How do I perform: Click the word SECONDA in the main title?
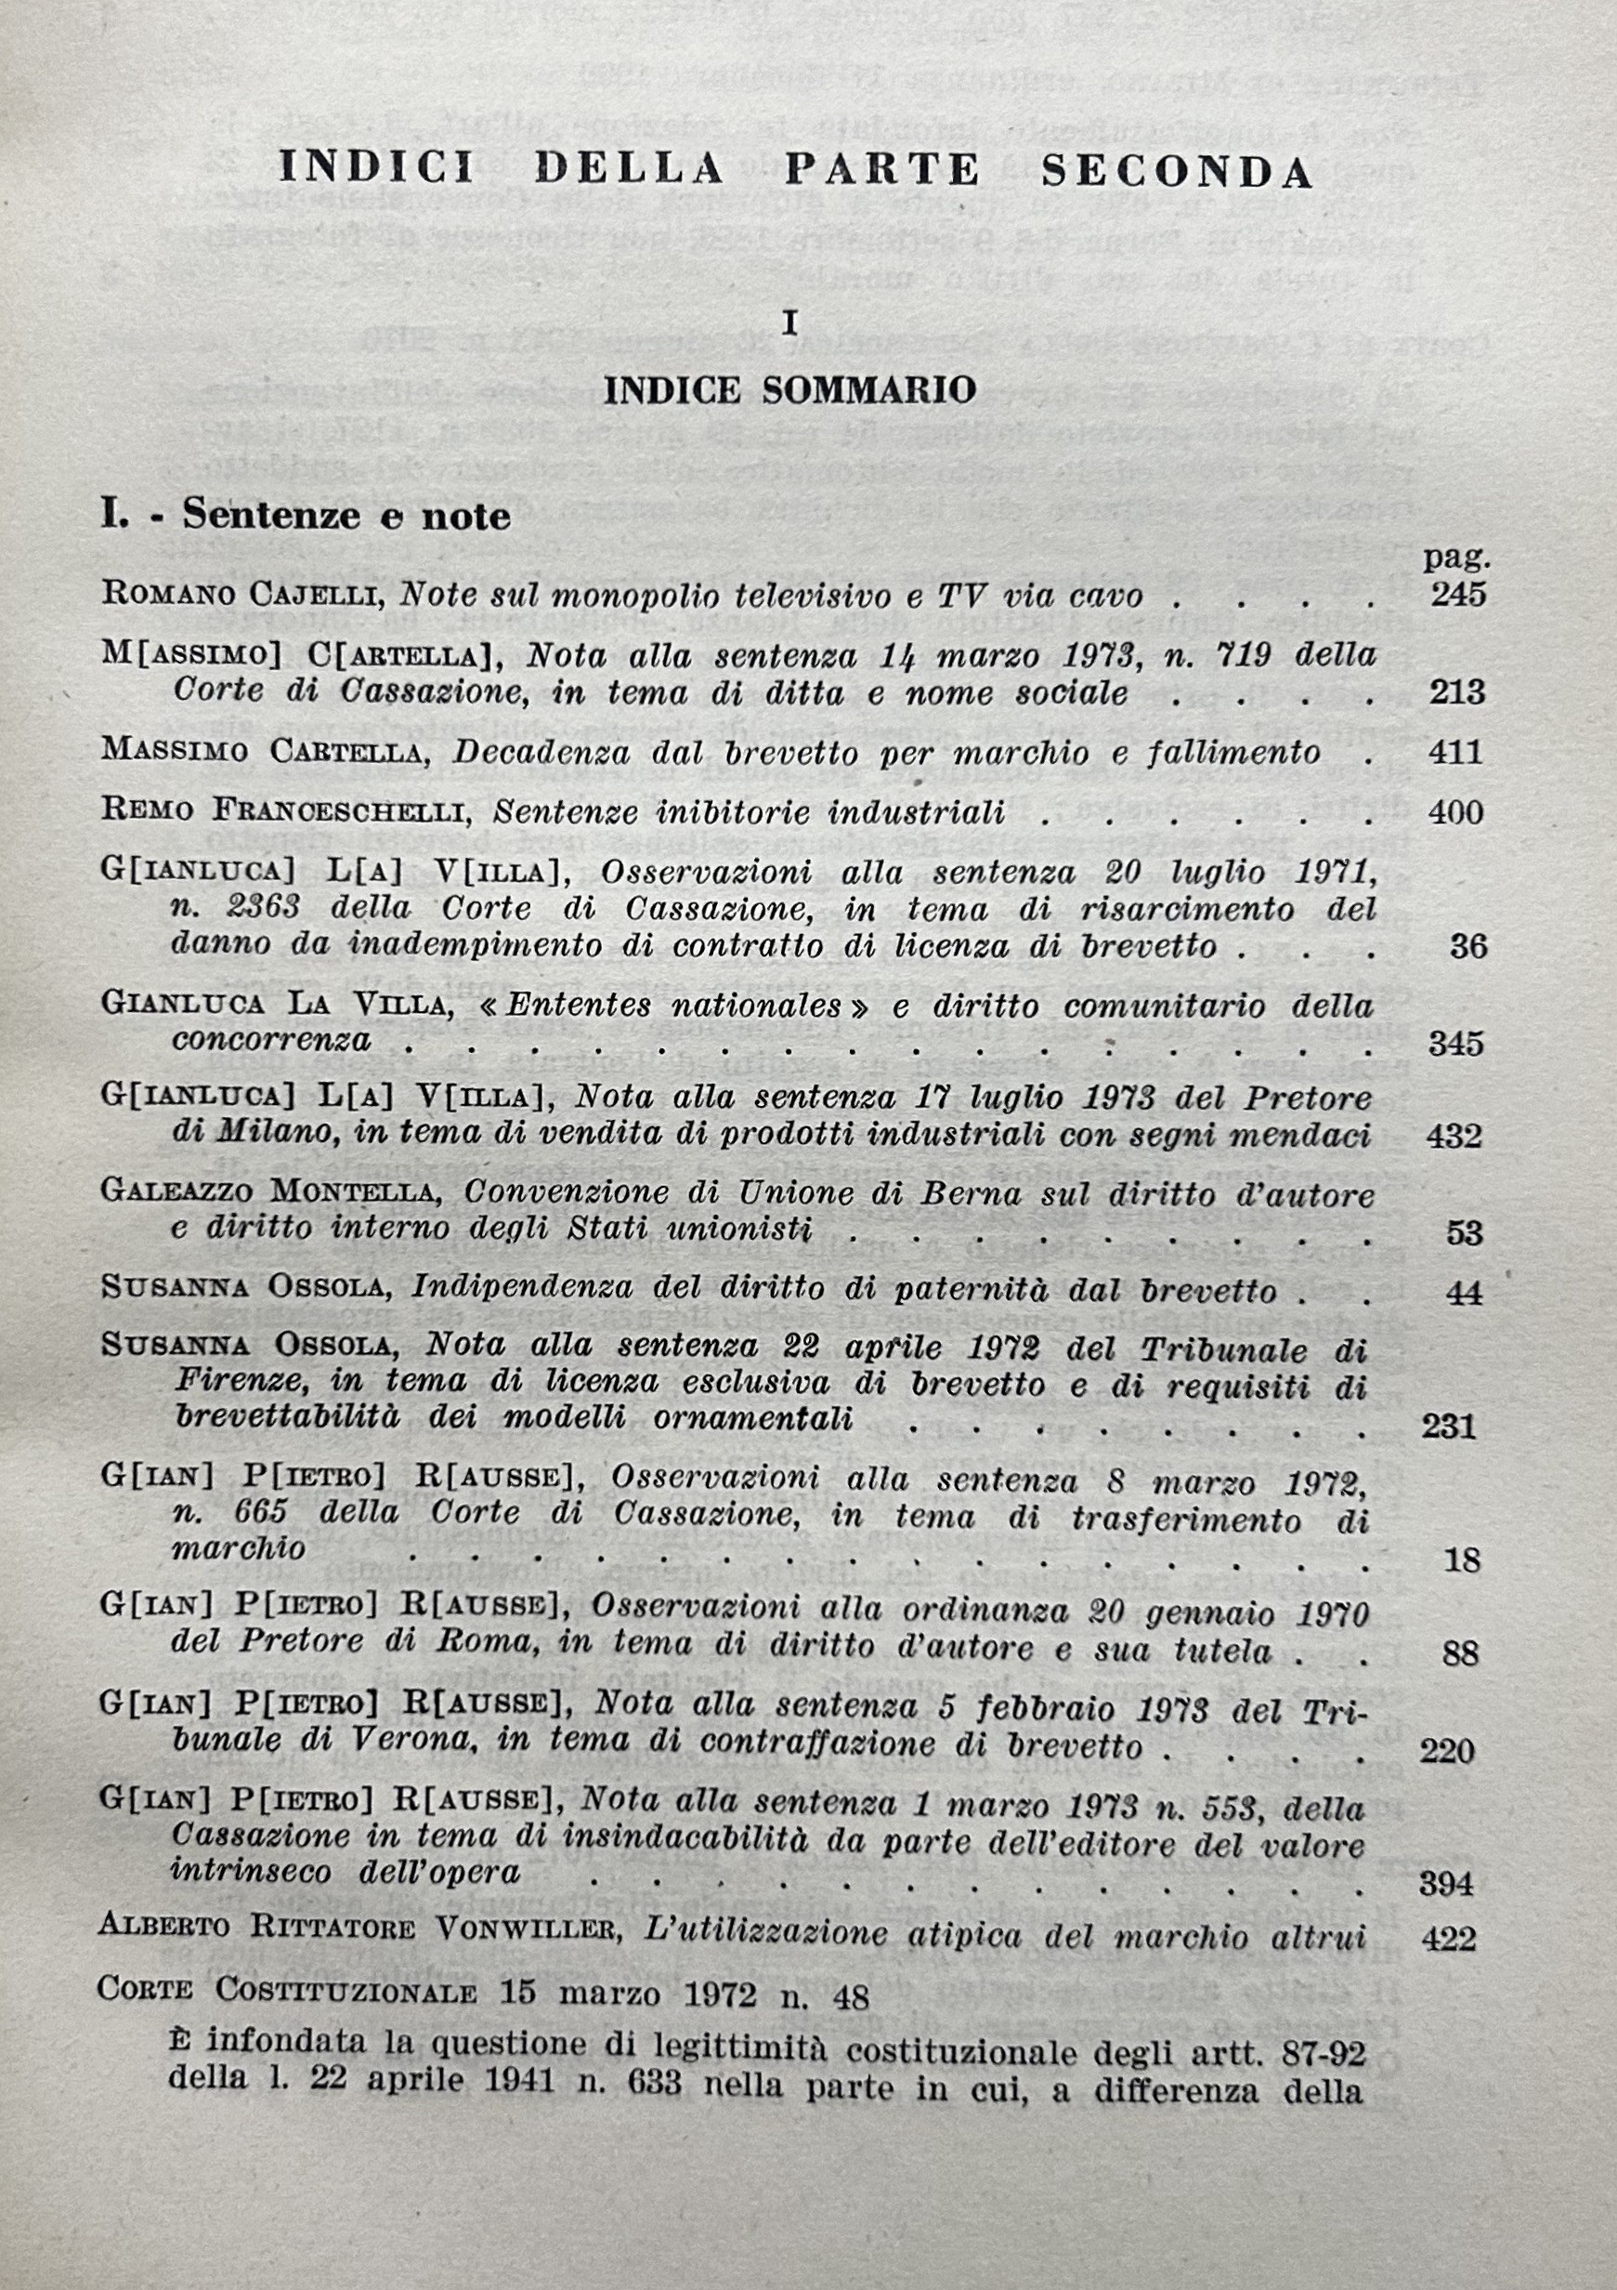pyautogui.click(x=1177, y=172)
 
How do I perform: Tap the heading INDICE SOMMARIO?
pyautogui.click(x=789, y=390)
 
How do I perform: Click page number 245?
pyautogui.click(x=1458, y=596)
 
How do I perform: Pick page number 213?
pyautogui.click(x=1457, y=692)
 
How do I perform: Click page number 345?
pyautogui.click(x=1456, y=1045)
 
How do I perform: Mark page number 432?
pyautogui.click(x=1454, y=1136)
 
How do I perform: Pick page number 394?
pyautogui.click(x=1445, y=1882)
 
